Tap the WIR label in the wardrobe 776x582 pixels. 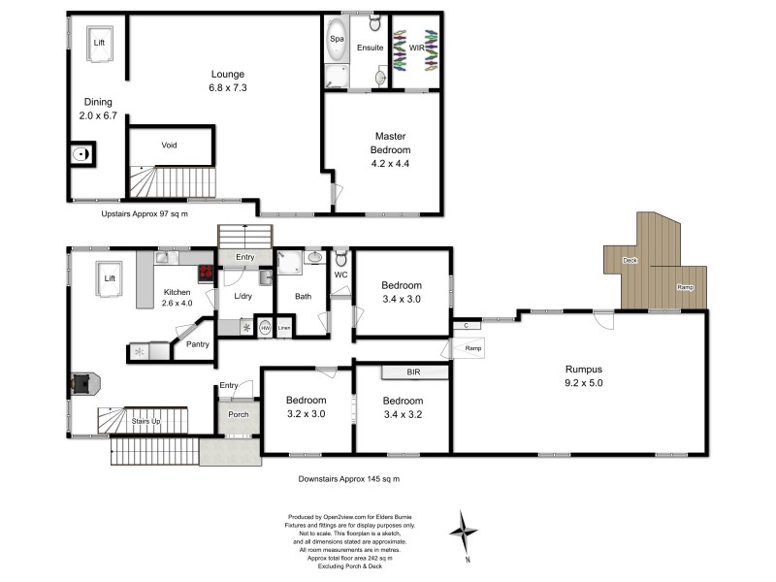pos(416,46)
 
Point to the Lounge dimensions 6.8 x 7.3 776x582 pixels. pos(229,88)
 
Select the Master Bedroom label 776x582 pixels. pos(391,143)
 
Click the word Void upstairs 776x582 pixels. pos(170,145)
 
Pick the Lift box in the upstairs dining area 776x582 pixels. pos(99,45)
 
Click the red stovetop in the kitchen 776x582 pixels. pos(206,273)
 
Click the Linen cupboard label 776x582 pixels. pos(283,328)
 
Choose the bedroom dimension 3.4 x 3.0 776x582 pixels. pos(401,300)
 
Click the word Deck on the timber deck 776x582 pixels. pos(630,260)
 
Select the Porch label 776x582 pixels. pos(238,415)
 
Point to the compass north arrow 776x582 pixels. pos(467,532)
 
